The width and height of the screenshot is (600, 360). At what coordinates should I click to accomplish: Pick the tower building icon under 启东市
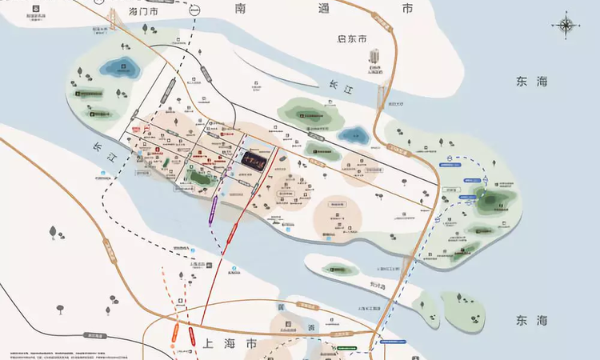click(x=374, y=57)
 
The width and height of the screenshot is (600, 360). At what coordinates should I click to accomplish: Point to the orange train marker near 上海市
click(x=174, y=333)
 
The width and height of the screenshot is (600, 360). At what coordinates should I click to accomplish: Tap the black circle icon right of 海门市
click(x=195, y=10)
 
